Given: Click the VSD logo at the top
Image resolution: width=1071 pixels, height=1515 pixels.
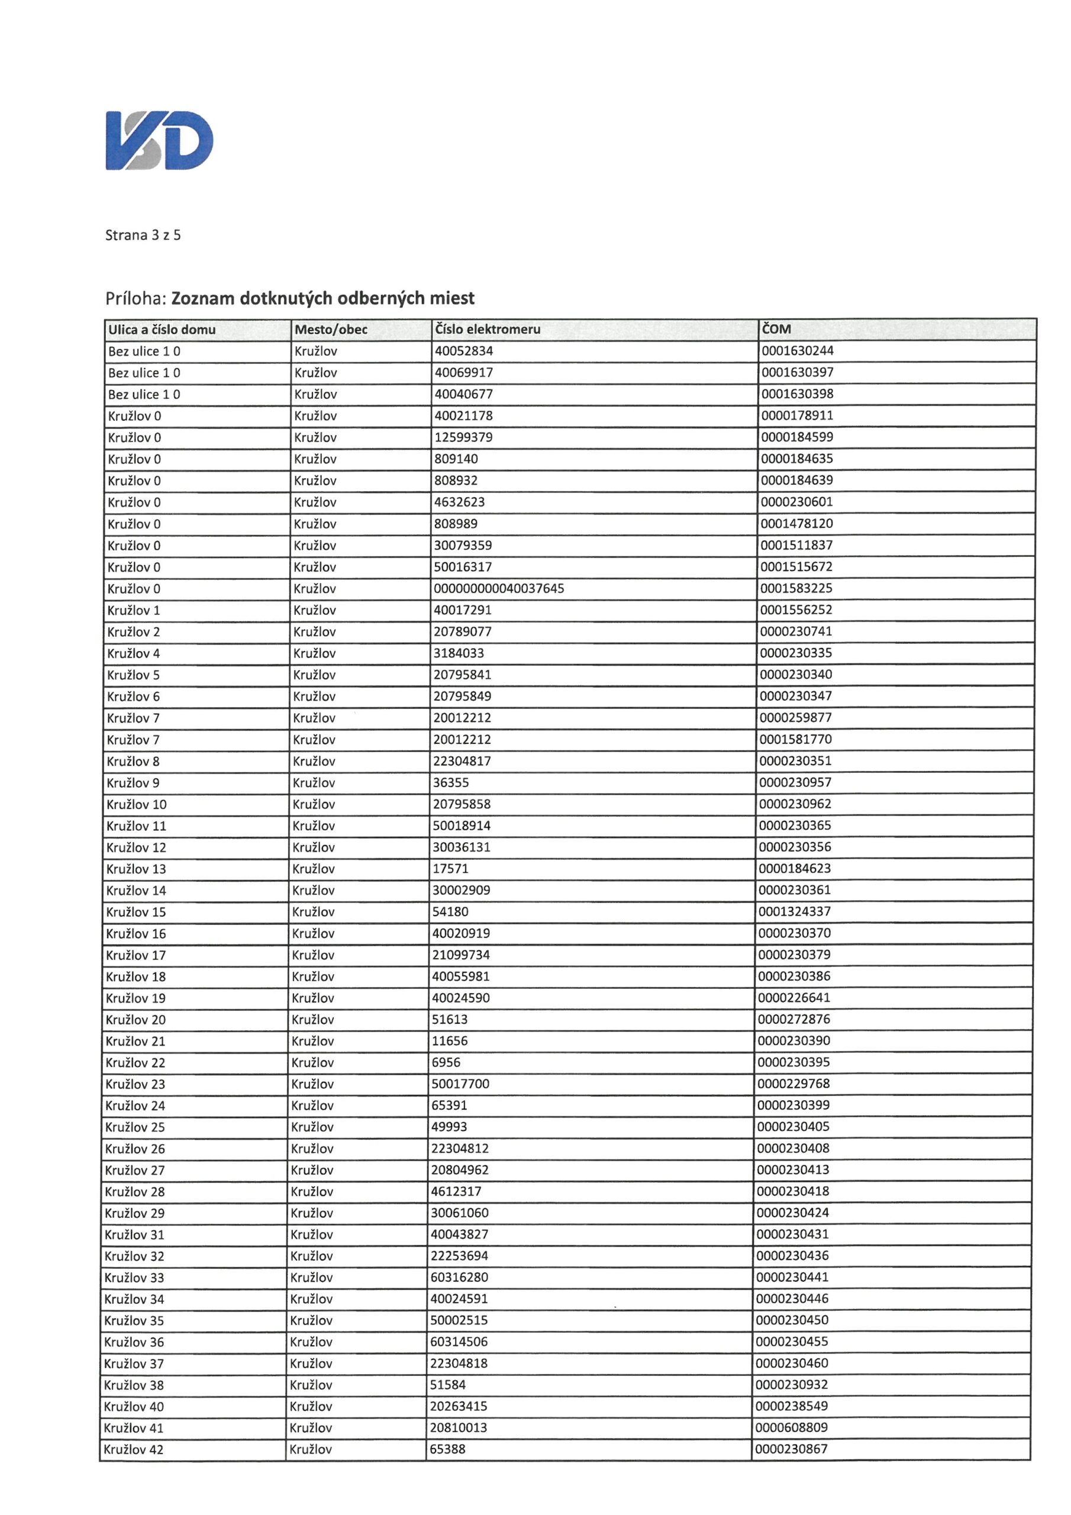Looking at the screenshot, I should [159, 140].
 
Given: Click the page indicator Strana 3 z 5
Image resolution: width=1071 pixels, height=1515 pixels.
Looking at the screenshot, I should [143, 235].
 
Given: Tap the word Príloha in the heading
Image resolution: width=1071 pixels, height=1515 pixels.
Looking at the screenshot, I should [135, 299].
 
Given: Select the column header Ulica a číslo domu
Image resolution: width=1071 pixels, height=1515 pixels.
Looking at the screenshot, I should [162, 330].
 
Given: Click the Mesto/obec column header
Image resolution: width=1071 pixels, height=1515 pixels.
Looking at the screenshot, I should [331, 330].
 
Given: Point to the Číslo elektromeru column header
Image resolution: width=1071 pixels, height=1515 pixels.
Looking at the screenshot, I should [488, 329].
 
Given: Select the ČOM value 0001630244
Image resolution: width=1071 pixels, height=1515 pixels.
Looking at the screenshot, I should [797, 350].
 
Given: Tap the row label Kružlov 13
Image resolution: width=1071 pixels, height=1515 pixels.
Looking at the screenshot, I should [136, 869].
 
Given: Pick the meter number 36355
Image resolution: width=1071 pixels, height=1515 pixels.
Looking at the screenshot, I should [451, 782].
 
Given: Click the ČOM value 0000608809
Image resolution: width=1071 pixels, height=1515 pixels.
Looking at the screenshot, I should [792, 1427].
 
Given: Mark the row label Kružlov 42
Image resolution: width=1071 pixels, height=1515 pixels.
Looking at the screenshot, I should [133, 1450].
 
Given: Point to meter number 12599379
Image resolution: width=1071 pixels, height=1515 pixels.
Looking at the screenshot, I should [463, 437].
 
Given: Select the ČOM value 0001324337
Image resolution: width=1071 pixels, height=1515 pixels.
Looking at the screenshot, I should [795, 911].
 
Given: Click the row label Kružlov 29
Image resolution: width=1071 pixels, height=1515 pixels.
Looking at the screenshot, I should [135, 1213].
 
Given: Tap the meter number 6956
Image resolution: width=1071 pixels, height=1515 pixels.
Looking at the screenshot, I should [446, 1062].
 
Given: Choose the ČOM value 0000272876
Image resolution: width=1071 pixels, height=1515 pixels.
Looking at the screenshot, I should [794, 1019].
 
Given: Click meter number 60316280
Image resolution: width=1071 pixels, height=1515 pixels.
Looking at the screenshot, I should [459, 1278].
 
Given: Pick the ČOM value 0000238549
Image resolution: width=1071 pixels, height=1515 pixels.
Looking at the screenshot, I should [792, 1406].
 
